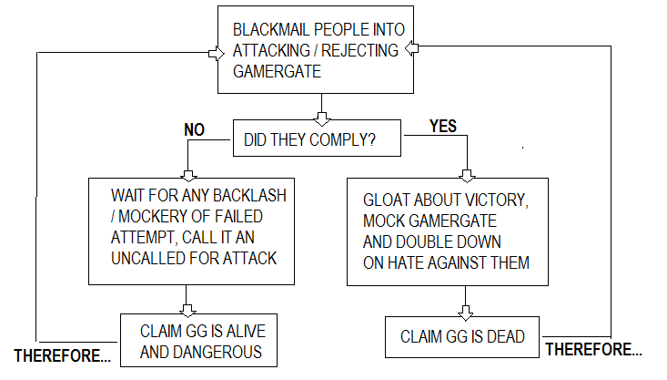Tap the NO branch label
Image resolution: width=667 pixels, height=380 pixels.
click(195, 130)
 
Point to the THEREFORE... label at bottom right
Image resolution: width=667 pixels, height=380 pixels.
click(592, 349)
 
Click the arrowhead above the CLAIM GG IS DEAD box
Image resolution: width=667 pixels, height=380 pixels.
click(466, 310)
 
